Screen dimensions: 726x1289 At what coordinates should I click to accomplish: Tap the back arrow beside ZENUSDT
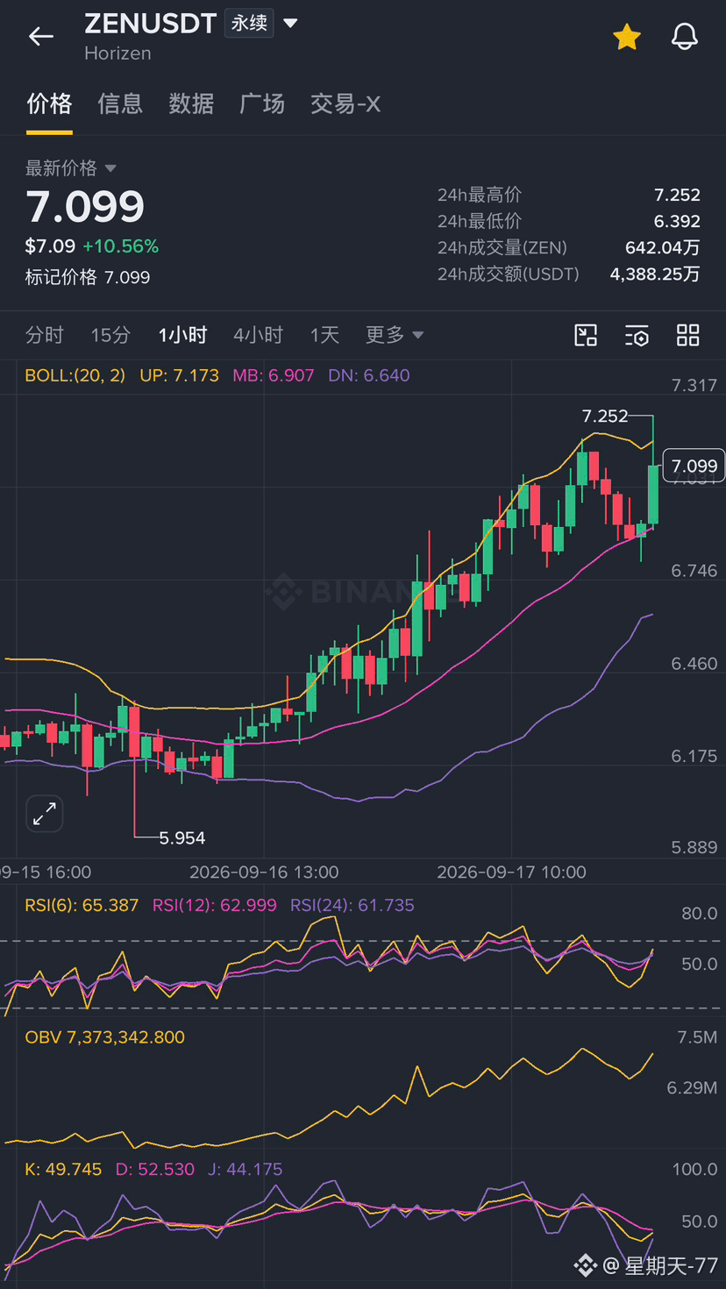[x=41, y=36]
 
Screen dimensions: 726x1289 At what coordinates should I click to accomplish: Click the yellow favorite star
[x=626, y=37]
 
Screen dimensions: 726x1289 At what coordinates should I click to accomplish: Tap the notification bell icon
[x=685, y=37]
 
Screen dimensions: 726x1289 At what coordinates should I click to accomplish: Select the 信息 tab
[x=119, y=104]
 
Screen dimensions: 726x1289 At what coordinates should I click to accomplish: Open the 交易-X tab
[x=345, y=104]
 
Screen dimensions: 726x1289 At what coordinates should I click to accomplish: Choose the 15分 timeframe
[x=110, y=335]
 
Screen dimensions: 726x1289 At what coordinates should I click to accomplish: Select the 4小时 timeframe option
[x=259, y=335]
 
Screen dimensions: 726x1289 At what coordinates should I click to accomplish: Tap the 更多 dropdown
[x=395, y=335]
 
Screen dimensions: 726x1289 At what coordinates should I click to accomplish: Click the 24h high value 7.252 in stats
[x=677, y=195]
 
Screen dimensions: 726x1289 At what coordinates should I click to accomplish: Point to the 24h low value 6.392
[x=677, y=221]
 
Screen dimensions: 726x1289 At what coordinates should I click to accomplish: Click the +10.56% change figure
[x=121, y=246]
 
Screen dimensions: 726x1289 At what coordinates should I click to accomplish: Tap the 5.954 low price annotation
[x=181, y=838]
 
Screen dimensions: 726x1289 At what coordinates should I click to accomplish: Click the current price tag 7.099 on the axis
[x=694, y=466]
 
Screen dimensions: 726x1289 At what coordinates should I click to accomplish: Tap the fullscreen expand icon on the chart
[x=45, y=814]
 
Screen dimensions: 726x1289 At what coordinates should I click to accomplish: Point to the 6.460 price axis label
[x=694, y=664]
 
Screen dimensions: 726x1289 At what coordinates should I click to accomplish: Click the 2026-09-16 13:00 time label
[x=264, y=872]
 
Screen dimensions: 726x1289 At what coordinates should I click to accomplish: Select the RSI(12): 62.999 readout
[x=215, y=905]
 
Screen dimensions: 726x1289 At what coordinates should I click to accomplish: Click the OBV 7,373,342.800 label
[x=104, y=1037]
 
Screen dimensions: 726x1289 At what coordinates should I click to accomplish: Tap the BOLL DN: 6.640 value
[x=369, y=375]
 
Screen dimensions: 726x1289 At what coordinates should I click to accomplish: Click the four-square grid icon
[x=688, y=335]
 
